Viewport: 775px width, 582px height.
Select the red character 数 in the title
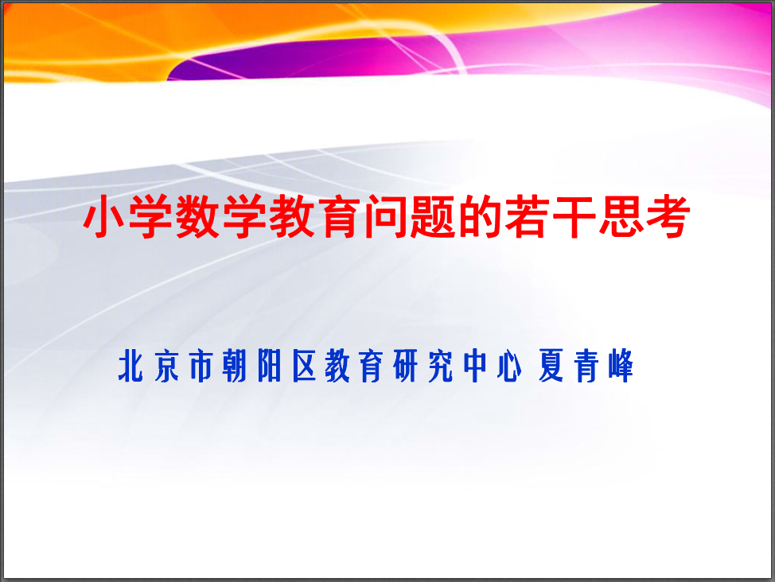[x=197, y=216]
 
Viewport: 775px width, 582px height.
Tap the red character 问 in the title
[x=386, y=216]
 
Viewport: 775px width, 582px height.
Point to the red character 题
[x=433, y=216]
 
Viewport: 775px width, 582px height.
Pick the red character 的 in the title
[x=480, y=216]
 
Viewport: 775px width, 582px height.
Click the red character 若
[x=527, y=216]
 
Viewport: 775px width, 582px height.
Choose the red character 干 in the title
[x=574, y=216]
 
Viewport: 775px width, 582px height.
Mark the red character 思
[x=621, y=216]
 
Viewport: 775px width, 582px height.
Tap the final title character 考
[x=668, y=216]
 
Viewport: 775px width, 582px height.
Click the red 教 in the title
[x=291, y=216]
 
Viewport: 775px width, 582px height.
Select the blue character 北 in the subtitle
[x=131, y=366]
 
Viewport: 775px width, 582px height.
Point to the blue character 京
[x=166, y=366]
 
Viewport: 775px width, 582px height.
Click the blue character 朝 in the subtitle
[x=235, y=366]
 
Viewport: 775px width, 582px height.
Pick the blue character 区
[x=304, y=366]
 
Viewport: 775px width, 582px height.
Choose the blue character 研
[x=406, y=366]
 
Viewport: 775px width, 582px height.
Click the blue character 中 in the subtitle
[x=475, y=366]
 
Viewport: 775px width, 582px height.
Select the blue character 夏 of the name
[x=551, y=366]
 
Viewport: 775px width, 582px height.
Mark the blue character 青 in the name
[x=586, y=366]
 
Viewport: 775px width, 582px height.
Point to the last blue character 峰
[x=621, y=366]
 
